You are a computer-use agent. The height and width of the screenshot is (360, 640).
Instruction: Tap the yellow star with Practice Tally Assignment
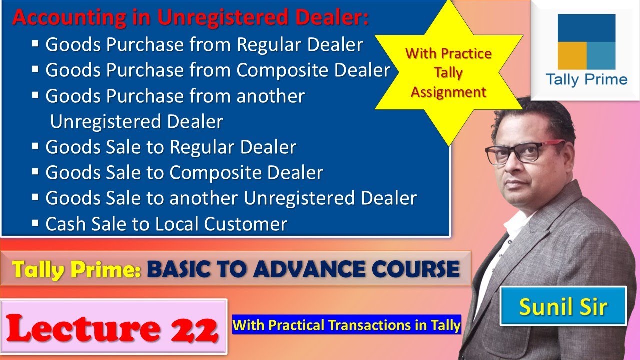[448, 73]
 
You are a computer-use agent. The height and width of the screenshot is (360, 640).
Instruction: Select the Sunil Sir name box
[563, 306]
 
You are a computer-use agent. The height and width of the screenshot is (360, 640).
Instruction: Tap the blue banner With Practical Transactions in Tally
[346, 326]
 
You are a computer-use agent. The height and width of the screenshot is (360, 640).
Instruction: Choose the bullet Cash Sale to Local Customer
[166, 224]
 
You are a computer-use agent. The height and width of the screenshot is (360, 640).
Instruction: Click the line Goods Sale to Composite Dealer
[184, 173]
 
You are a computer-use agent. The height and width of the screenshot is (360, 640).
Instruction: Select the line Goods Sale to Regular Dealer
[171, 147]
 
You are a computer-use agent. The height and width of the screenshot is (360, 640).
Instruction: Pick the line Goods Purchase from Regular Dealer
[204, 45]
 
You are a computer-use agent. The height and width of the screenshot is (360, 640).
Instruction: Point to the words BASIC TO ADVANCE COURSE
[303, 269]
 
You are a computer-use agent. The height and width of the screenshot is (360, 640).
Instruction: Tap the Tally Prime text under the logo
[586, 80]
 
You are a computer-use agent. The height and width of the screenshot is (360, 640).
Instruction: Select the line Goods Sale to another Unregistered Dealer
[231, 198]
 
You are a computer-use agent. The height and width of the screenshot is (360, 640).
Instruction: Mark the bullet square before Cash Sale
[35, 223]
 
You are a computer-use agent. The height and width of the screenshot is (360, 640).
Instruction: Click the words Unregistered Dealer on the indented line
[136, 122]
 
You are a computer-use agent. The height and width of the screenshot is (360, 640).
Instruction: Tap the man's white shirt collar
[515, 225]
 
